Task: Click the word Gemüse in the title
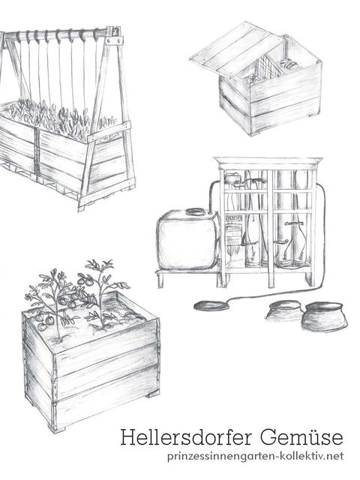coord(302,436)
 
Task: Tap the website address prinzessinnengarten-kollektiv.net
coord(255,457)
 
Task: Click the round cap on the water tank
coord(196,211)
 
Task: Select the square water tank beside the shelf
coord(187,240)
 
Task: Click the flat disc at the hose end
coord(211,305)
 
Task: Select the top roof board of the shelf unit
coord(268,160)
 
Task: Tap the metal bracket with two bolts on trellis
coord(114,40)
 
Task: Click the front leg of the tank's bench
coord(160,280)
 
